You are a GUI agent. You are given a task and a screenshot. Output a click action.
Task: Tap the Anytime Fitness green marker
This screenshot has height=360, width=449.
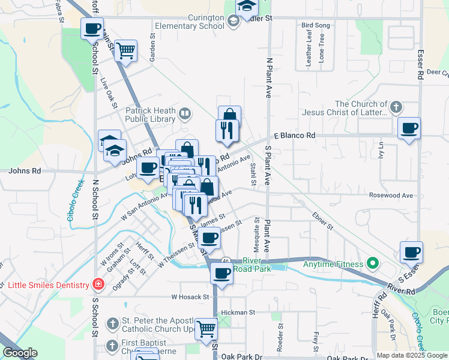tap(373, 263)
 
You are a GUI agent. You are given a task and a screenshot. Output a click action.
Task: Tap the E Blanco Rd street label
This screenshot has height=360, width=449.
tap(295, 136)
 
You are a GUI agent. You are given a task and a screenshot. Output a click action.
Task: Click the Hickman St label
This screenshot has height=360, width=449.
tap(238, 313)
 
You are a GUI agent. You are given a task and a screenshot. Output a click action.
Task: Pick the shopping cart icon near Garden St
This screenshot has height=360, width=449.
tap(125, 51)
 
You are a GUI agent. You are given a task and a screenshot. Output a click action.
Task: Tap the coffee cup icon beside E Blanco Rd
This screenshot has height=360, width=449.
tap(409, 128)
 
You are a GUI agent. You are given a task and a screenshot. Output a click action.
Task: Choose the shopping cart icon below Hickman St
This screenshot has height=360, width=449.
tap(206, 329)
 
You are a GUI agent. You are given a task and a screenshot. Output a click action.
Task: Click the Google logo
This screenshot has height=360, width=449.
tap(19, 353)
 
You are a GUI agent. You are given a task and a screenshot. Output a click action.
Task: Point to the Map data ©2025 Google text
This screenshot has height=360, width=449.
tap(412, 355)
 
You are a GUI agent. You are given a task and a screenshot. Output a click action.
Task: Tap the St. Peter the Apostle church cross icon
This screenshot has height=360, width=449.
tap(112, 324)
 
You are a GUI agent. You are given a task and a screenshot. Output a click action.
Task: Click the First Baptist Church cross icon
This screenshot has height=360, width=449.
tap(112, 345)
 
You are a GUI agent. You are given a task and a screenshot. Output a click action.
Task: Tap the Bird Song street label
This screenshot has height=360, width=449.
tap(316, 26)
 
